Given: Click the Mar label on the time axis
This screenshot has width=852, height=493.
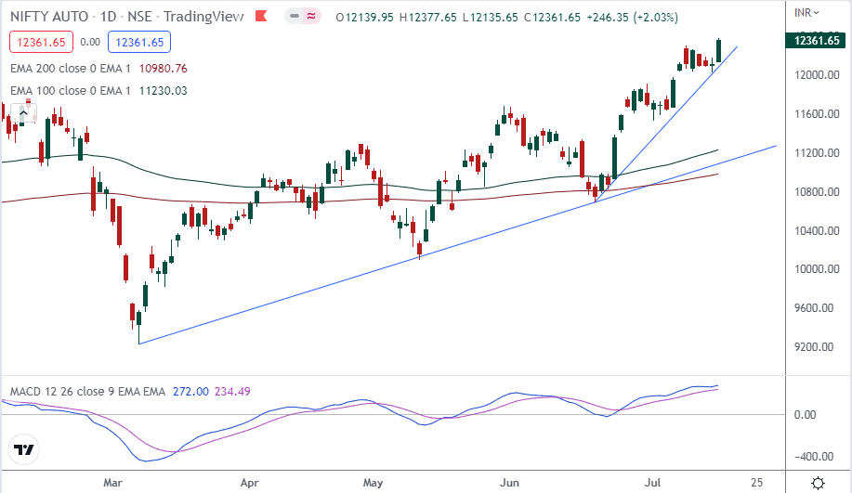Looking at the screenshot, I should [x=114, y=483].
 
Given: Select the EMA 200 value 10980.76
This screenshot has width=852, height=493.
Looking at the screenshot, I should [x=163, y=68].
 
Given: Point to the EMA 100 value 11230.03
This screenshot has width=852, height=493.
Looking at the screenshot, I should [x=163, y=90].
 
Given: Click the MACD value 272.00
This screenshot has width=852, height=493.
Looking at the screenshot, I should [x=190, y=393].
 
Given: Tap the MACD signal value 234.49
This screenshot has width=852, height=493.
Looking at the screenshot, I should [x=233, y=393].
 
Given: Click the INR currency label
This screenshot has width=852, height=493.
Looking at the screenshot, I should [x=805, y=12].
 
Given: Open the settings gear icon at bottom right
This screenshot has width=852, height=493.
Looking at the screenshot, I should [x=819, y=483].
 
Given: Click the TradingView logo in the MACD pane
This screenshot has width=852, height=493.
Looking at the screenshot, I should [x=25, y=450].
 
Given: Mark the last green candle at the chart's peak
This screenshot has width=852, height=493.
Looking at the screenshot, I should [x=719, y=51].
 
